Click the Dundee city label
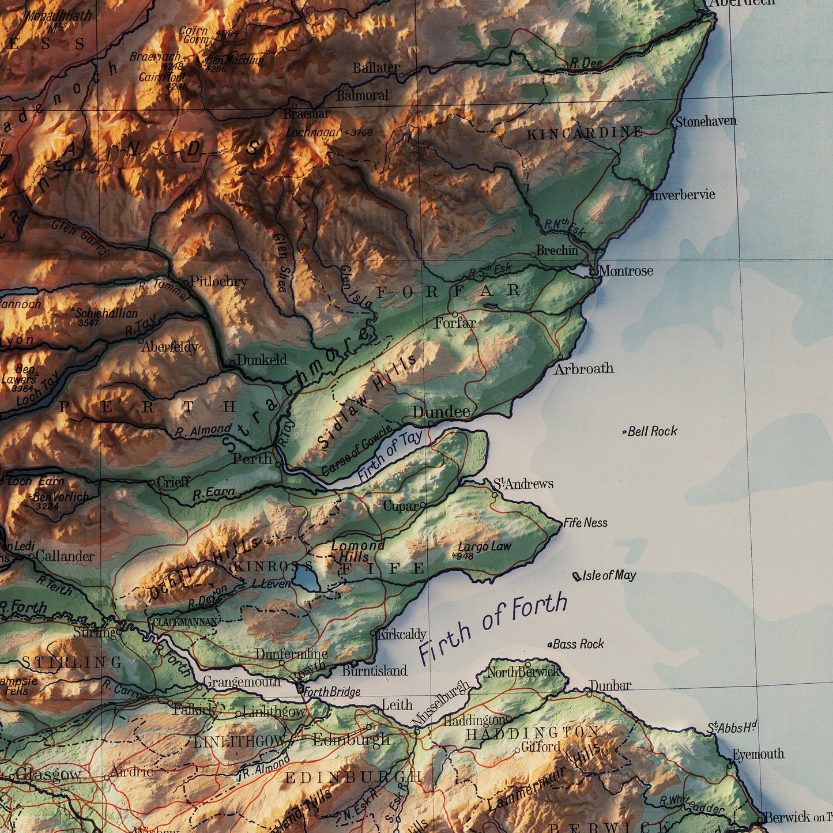[441, 412]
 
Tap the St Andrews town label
[523, 483]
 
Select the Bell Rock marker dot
[625, 432]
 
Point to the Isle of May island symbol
[576, 576]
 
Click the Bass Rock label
[578, 644]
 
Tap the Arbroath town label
[584, 369]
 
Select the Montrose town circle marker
[593, 270]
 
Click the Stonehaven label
[706, 122]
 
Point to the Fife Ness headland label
[586, 523]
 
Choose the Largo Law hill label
[484, 546]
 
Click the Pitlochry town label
[219, 281]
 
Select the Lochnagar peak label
[314, 132]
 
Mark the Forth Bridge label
[331, 692]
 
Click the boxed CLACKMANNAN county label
[184, 622]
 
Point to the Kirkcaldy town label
[401, 634]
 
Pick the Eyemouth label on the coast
[758, 754]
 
